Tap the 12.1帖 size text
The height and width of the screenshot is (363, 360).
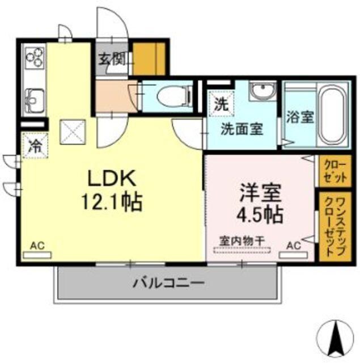click(x=112, y=201)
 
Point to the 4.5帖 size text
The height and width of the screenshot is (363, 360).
click(x=260, y=216)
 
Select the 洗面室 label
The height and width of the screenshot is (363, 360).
click(x=241, y=128)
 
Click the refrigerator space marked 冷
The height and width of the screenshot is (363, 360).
click(x=35, y=145)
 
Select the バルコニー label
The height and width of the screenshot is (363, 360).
click(x=168, y=282)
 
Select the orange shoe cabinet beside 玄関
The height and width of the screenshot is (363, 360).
click(x=150, y=57)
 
